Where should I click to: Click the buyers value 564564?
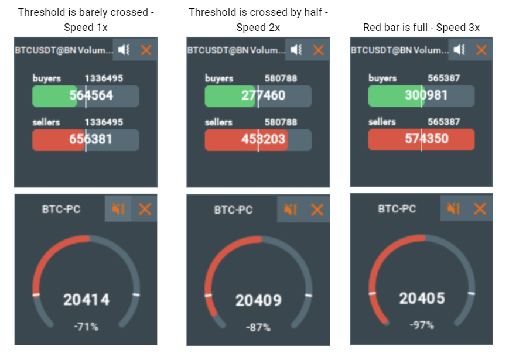[91, 96]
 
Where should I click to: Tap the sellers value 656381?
[91, 140]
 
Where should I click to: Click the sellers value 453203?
[263, 139]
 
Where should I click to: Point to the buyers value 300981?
[426, 95]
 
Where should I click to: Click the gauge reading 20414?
[86, 300]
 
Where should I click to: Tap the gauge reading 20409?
[258, 300]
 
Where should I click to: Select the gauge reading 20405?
[422, 299]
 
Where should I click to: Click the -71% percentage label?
[86, 327]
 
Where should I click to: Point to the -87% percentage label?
[258, 327]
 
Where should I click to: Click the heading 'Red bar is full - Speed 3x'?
[421, 27]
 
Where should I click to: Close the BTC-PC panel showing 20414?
[145, 208]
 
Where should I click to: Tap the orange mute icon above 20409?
[290, 209]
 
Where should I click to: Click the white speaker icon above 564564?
[124, 50]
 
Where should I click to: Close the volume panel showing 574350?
[481, 50]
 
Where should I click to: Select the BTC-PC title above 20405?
[397, 208]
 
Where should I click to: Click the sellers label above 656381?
[46, 122]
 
